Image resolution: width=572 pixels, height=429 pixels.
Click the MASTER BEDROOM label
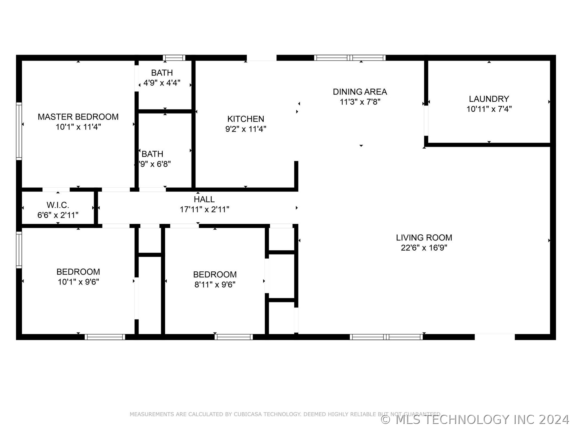pyautogui.click(x=78, y=117)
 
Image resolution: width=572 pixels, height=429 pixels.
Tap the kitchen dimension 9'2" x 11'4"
pyautogui.click(x=245, y=129)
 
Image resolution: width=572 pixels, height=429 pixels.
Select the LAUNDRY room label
pyautogui.click(x=489, y=99)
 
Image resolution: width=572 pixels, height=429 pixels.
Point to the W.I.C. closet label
pyautogui.click(x=58, y=205)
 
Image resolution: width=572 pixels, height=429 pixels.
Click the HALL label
pyautogui.click(x=204, y=199)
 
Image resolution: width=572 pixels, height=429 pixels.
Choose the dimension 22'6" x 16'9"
pyautogui.click(x=424, y=248)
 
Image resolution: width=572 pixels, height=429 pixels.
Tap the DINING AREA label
pyautogui.click(x=360, y=92)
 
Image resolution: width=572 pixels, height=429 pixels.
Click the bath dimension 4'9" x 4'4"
pyautogui.click(x=162, y=83)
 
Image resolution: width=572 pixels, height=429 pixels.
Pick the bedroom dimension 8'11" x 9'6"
pyautogui.click(x=215, y=285)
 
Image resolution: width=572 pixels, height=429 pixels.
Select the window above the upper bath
pyautogui.click(x=174, y=58)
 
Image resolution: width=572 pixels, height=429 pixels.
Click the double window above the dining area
pyautogui.click(x=350, y=58)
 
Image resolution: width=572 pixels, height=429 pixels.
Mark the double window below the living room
pyautogui.click(x=386, y=337)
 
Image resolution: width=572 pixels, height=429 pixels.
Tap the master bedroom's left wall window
pyautogui.click(x=19, y=131)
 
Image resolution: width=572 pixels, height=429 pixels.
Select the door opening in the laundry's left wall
pyautogui.click(x=426, y=121)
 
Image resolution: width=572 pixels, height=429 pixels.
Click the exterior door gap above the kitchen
pyautogui.click(x=262, y=58)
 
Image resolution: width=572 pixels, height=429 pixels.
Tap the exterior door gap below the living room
pyautogui.click(x=495, y=337)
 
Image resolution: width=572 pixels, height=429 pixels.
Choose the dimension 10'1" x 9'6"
pyautogui.click(x=78, y=282)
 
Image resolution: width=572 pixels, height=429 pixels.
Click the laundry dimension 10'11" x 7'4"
pyautogui.click(x=489, y=109)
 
